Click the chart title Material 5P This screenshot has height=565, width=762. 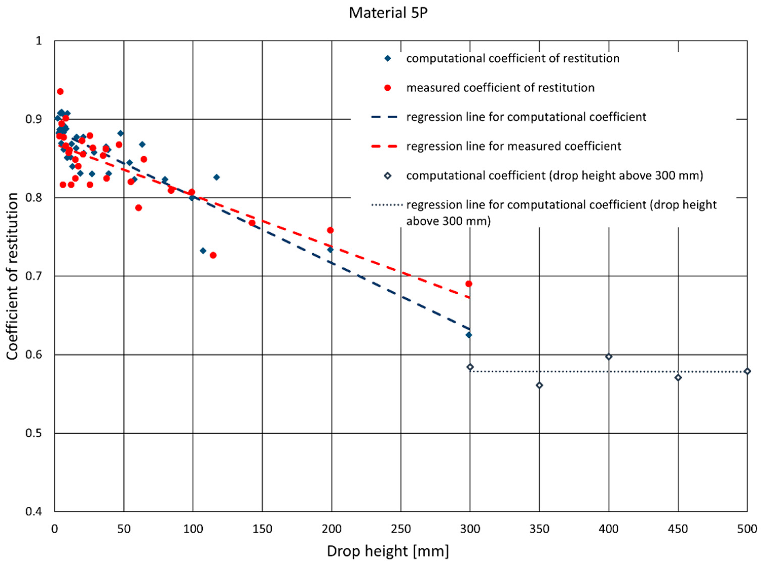[388, 13]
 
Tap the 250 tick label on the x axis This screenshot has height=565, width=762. [401, 529]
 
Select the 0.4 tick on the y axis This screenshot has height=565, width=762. [33, 512]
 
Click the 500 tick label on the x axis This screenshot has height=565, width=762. [747, 529]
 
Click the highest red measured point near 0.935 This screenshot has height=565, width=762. [60, 91]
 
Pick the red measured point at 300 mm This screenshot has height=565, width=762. [469, 284]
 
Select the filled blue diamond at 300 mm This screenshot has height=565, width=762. [469, 335]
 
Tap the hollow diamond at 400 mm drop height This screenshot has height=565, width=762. [609, 357]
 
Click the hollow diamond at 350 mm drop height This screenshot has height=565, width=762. [539, 385]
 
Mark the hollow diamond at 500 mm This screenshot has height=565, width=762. [747, 371]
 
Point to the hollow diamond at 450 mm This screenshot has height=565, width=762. [678, 378]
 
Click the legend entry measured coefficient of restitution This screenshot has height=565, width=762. [500, 88]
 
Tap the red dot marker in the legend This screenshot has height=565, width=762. [388, 88]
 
